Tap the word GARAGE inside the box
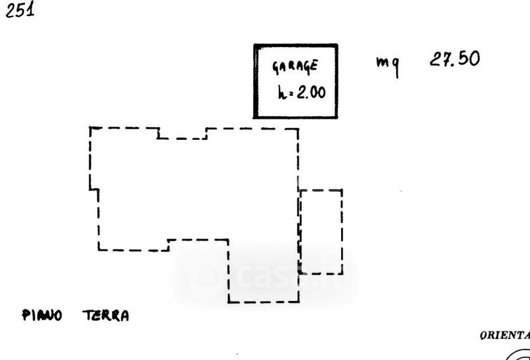pos(295,66)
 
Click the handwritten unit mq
pos(387,64)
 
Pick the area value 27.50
pos(454,59)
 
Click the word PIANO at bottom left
pos(42,316)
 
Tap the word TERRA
pos(106,316)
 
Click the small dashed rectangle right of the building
pos(321,231)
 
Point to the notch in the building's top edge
pos(182,134)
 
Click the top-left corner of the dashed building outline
pos(90,128)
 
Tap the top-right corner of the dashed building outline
pos(297,129)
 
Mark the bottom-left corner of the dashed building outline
pos(99,250)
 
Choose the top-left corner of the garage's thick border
pos(255,46)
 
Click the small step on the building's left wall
pos(94,190)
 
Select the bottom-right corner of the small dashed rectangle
pos(342,272)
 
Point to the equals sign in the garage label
pos(290,93)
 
